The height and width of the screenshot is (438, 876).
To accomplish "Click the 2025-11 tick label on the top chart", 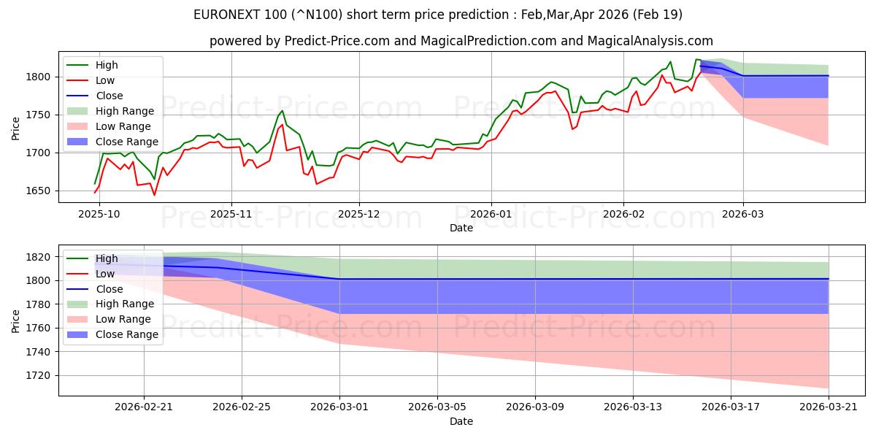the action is [x=231, y=215].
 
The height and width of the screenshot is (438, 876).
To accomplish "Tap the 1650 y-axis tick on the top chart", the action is [x=38, y=191].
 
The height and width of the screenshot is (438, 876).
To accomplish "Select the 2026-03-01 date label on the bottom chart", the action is [x=339, y=407].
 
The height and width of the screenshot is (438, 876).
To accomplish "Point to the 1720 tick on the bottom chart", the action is [x=38, y=376].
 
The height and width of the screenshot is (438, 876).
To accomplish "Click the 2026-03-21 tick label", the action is [x=829, y=407].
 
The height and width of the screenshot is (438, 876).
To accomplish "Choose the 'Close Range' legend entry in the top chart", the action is [x=112, y=142].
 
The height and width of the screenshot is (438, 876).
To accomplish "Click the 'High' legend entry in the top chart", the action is [x=92, y=65].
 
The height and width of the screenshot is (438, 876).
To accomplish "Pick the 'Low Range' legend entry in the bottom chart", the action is [x=109, y=319].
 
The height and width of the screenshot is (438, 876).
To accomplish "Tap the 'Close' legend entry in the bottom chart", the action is [x=95, y=289].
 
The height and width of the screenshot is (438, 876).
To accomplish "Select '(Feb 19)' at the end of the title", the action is [x=658, y=15].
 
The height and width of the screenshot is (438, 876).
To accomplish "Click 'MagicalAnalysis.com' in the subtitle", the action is [x=650, y=41].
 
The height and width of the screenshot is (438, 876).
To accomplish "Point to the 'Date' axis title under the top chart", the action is [x=461, y=228].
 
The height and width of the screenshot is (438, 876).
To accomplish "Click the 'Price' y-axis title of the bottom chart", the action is [x=15, y=321].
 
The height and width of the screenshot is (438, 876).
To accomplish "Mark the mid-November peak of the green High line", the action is [x=283, y=111].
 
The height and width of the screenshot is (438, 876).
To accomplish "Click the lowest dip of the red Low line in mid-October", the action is [x=155, y=195].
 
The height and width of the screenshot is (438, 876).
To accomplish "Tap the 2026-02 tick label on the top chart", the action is [x=623, y=215].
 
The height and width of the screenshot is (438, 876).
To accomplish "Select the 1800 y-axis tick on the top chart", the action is [x=38, y=77].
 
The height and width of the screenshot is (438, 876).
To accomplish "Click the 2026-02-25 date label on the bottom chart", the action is [x=242, y=407].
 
